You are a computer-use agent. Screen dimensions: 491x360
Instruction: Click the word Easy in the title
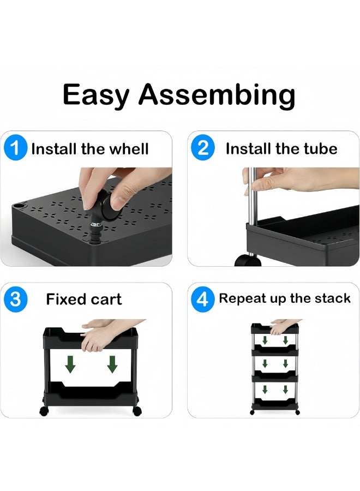click(x=95, y=95)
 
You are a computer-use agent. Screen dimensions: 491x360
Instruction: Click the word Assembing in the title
click(x=217, y=95)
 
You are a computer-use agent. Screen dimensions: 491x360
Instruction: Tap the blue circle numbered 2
click(x=203, y=148)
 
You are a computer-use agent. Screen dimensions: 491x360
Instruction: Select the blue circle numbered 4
click(x=203, y=299)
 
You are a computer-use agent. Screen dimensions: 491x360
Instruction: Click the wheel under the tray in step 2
click(x=248, y=260)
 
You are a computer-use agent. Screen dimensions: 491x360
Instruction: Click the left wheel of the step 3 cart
click(x=43, y=411)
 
